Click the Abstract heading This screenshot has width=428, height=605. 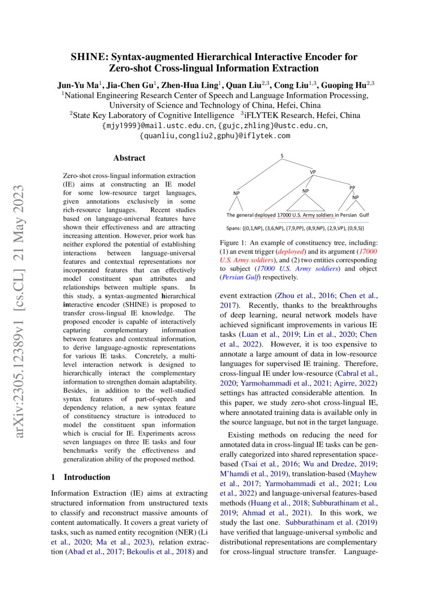tap(129, 158)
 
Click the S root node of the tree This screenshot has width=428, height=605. tap(282, 156)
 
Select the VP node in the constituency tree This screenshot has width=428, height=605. tap(313, 172)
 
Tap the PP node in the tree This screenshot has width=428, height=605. tap(352, 187)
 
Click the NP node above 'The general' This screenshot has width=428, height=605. tap(237, 194)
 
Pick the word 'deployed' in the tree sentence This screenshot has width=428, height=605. tap(265, 215)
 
